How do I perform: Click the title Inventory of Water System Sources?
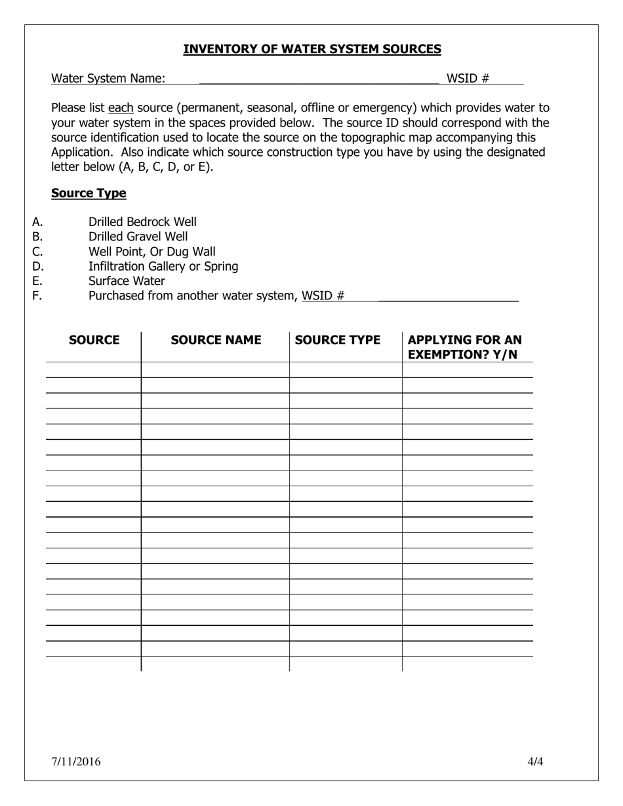pyautogui.click(x=311, y=49)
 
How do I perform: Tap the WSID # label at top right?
pyautogui.click(x=468, y=79)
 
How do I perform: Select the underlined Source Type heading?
pyautogui.click(x=89, y=193)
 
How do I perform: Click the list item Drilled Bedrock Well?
pyautogui.click(x=142, y=222)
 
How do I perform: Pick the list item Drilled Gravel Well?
pyautogui.click(x=138, y=237)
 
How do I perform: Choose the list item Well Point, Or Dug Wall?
pyautogui.click(x=151, y=252)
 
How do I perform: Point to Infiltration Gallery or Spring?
pyautogui.click(x=163, y=266)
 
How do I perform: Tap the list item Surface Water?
pyautogui.click(x=127, y=281)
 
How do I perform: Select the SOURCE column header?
pyautogui.click(x=94, y=340)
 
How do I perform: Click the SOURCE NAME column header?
pyautogui.click(x=216, y=340)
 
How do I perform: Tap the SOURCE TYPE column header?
pyautogui.click(x=338, y=340)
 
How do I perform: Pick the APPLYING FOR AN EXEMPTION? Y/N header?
pyautogui.click(x=464, y=347)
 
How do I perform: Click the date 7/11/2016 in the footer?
pyautogui.click(x=76, y=761)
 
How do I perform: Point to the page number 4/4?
pyautogui.click(x=535, y=761)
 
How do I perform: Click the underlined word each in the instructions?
pyautogui.click(x=121, y=108)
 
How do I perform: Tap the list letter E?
pyautogui.click(x=37, y=281)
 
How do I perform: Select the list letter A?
pyautogui.click(x=37, y=222)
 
